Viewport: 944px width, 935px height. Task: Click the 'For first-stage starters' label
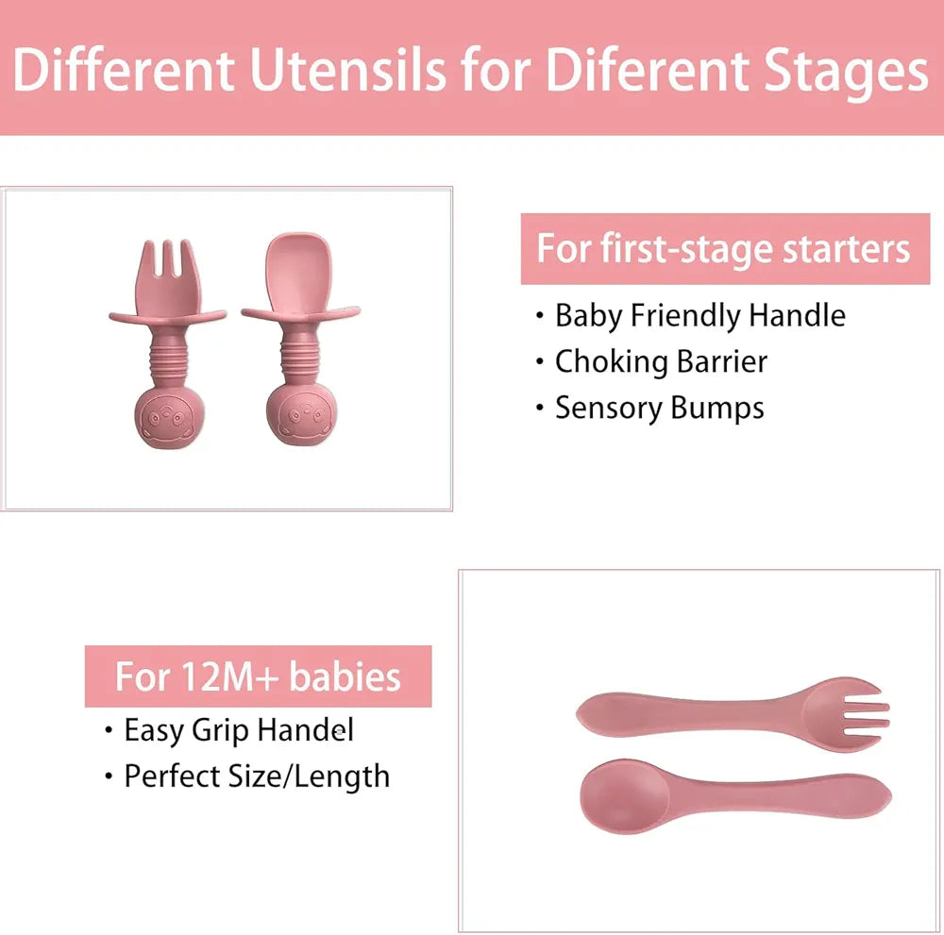[x=724, y=249]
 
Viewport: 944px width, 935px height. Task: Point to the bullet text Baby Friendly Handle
[x=700, y=315]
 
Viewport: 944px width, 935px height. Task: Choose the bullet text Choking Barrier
[x=661, y=361]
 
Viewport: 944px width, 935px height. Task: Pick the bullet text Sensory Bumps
[x=659, y=408]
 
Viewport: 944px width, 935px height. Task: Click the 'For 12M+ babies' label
[x=258, y=676]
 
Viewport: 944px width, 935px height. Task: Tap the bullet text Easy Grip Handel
[x=239, y=729]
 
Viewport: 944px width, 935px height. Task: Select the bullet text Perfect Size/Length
[x=257, y=776]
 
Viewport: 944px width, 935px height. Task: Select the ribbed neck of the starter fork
[x=168, y=354]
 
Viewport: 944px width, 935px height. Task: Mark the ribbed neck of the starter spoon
[x=301, y=354]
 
